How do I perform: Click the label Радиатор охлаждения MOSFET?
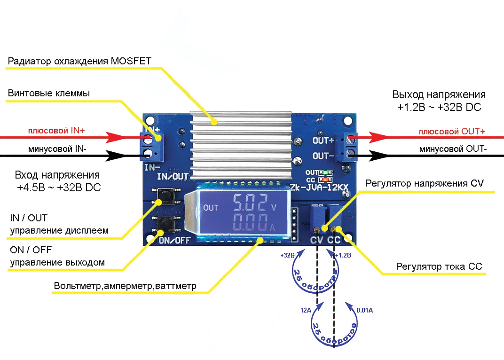[79, 61]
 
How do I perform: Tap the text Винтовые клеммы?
[49, 94]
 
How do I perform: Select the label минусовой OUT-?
[453, 149]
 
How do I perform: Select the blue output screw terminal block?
[350, 147]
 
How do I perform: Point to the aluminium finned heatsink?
[241, 141]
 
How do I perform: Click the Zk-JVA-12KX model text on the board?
[320, 188]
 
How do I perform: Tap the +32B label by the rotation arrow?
[287, 256]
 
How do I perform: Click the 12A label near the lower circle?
[305, 311]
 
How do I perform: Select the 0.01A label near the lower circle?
[364, 311]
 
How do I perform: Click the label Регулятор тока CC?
[439, 267]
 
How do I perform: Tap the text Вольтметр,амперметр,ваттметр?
[125, 286]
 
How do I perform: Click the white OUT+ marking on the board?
[323, 140]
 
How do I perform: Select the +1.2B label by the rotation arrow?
[343, 256]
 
